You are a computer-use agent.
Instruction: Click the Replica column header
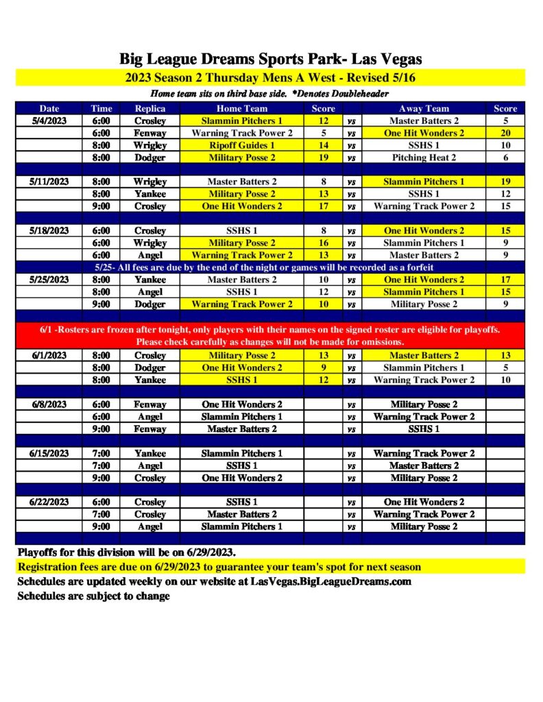[149, 108]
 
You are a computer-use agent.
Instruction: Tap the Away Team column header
[424, 108]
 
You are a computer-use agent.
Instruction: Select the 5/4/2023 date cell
[49, 121]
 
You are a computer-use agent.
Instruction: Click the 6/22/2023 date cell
[49, 502]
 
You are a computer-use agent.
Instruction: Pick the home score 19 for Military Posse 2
[324, 158]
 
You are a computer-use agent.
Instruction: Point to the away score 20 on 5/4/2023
[505, 133]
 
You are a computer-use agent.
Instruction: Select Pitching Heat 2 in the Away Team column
[424, 158]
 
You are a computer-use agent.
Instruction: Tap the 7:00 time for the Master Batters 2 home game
[101, 514]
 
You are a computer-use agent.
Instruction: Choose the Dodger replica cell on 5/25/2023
[149, 304]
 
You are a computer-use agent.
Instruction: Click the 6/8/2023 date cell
[49, 404]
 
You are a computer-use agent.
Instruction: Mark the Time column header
[101, 108]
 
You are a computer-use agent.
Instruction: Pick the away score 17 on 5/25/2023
[505, 280]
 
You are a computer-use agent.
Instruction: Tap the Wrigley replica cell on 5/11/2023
[149, 182]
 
